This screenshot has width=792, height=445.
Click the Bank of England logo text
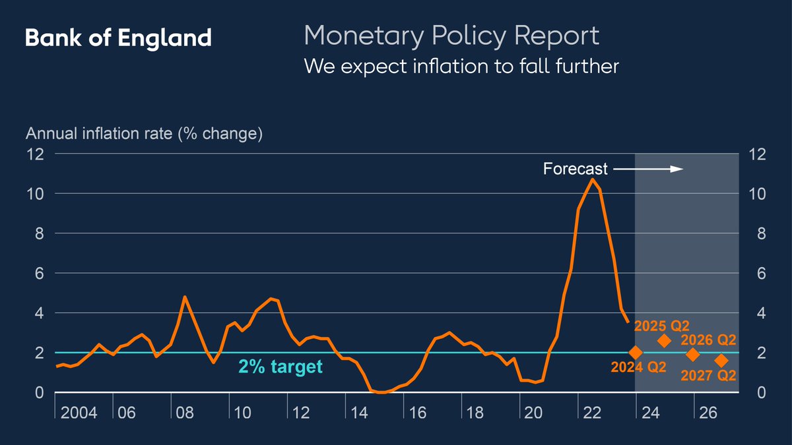pos(118,38)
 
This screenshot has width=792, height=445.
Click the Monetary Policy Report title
pos(451,35)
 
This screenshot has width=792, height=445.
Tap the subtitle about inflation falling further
pos(461,67)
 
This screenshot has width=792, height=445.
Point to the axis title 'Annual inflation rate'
pos(144,134)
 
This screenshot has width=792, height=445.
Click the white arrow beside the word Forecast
pos(647,169)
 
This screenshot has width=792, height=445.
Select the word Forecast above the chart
pos(575,169)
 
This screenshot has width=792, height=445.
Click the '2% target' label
pos(280,367)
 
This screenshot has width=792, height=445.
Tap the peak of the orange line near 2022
pos(593,179)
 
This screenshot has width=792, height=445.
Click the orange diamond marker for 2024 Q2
pos(636,353)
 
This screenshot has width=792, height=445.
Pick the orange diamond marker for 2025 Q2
pos(665,341)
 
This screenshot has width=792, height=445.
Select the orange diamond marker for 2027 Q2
pos(721,361)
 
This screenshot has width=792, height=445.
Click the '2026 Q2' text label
pos(708,340)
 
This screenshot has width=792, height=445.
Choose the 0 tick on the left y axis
pos(39,393)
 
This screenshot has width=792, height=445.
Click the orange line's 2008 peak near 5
pos(185,297)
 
